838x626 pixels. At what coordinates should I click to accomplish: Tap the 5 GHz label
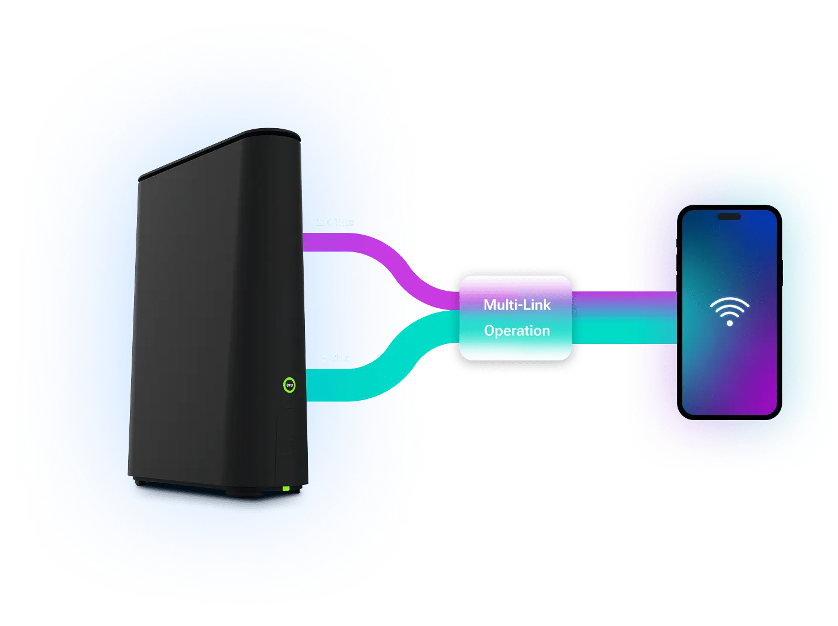click(335, 358)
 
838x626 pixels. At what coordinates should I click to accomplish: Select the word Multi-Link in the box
click(517, 305)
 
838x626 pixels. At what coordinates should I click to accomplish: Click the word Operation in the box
click(517, 331)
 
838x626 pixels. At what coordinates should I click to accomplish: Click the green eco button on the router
click(289, 385)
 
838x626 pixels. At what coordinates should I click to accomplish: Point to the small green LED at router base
click(286, 488)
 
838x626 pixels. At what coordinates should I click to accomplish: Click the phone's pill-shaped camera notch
click(729, 216)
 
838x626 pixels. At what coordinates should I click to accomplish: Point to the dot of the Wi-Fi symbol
click(730, 322)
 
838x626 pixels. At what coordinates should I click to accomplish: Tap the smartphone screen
click(729, 363)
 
